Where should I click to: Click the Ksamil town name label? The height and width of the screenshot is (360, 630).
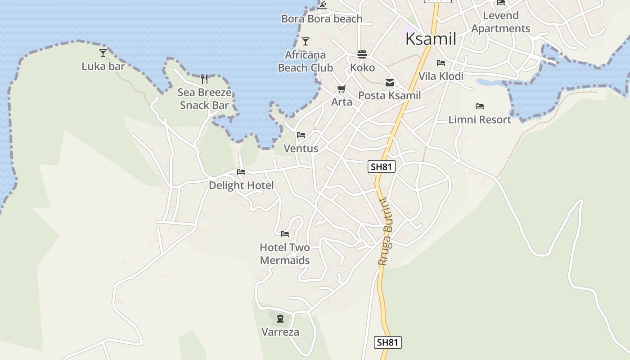(431, 39)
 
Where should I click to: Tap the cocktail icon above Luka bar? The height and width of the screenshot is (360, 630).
(103, 53)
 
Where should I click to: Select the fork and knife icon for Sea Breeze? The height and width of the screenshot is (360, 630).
(204, 80)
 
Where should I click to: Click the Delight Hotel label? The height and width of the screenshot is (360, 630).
(241, 185)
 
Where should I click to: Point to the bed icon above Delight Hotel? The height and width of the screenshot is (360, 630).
(241, 172)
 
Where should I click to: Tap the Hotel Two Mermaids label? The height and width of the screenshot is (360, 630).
(285, 254)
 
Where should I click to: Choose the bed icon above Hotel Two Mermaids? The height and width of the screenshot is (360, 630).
(285, 234)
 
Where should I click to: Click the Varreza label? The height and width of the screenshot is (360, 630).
(280, 332)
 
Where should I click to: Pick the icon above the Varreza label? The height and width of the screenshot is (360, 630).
(280, 319)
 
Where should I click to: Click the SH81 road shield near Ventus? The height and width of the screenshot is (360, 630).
(381, 166)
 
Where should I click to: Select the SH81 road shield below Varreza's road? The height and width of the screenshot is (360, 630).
(387, 342)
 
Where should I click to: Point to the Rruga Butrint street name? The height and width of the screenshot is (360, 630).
(385, 232)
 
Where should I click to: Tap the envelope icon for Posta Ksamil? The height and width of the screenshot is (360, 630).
(389, 83)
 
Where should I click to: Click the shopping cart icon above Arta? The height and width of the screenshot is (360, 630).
(342, 89)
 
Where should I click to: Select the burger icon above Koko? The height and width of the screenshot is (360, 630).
(362, 54)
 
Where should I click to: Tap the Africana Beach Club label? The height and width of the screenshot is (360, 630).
(306, 61)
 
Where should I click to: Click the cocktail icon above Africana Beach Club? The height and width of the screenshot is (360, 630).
(306, 41)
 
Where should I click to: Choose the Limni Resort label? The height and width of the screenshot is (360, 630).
(480, 120)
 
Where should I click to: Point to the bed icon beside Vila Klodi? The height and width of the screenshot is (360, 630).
(441, 63)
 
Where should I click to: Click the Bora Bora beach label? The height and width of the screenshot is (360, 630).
(322, 18)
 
